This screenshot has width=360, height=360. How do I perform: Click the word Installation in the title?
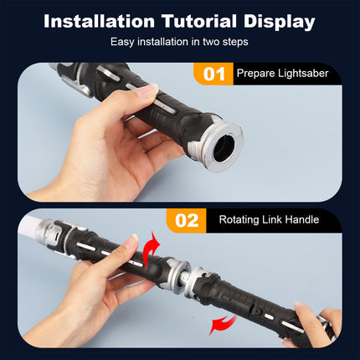100,21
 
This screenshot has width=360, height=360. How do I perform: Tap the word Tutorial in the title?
199,21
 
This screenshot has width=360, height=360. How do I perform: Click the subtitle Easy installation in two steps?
179,42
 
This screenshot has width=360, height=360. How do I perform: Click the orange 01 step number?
214,75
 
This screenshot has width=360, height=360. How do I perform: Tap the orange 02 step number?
187,220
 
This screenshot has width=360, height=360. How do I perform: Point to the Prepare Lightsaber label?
282,74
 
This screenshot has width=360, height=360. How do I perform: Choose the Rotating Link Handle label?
269,219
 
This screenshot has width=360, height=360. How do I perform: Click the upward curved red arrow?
151,249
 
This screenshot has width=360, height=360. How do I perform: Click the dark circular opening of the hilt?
224,147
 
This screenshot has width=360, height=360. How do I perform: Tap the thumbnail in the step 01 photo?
148,90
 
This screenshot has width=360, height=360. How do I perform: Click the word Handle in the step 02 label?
302,219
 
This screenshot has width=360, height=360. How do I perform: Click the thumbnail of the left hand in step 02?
132,240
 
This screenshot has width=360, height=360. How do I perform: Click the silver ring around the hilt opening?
235,131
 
